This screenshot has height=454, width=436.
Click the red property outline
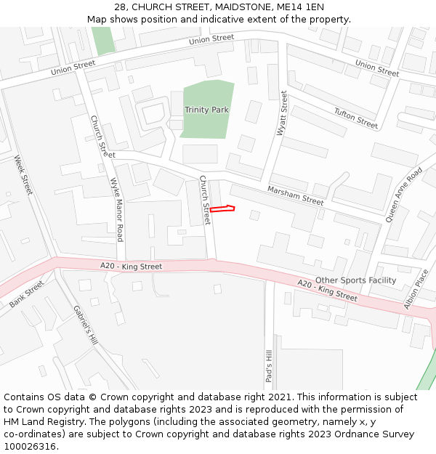pos(222,209)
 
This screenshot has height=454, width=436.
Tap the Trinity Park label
pos(206,110)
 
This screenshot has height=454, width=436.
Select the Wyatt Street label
pos(282,113)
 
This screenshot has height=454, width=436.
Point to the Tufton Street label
pos(356,118)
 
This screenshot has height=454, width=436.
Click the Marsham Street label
pos(295,195)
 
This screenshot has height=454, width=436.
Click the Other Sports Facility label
pos(355,280)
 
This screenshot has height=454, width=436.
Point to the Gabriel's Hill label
pos(85,324)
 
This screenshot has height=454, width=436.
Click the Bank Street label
pos(27,294)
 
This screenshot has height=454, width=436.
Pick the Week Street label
pos(23,175)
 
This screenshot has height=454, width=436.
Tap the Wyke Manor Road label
pos(116,210)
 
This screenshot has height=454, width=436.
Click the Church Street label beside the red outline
pos(205,200)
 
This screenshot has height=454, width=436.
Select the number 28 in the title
pos(120,7)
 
